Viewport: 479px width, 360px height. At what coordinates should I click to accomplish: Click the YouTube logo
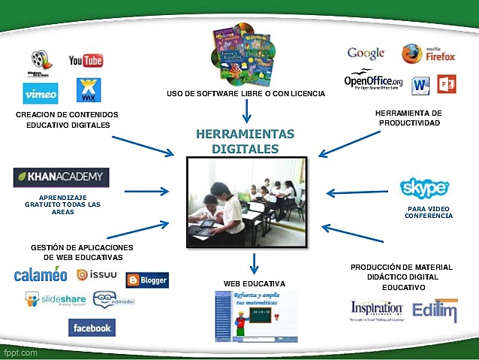(86, 60)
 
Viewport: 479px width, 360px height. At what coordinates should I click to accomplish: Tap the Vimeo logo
(41, 94)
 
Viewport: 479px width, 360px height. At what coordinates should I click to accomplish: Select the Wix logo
(89, 90)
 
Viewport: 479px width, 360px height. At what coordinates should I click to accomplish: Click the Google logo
(366, 53)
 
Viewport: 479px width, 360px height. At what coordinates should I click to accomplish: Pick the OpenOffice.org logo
(373, 81)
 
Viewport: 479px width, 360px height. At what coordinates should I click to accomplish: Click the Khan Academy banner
(61, 177)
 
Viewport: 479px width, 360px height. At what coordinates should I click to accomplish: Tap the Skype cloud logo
(424, 187)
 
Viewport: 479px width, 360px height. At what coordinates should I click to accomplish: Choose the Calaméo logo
(41, 275)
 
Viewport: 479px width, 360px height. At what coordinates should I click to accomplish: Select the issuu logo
(97, 274)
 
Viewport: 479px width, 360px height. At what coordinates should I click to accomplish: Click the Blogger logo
(147, 280)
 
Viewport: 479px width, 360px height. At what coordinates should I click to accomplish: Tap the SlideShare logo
(53, 300)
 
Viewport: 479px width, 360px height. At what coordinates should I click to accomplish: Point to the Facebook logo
(92, 328)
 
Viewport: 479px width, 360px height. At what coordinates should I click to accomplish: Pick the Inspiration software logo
(376, 310)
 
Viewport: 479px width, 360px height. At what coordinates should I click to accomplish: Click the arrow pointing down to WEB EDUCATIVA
(255, 263)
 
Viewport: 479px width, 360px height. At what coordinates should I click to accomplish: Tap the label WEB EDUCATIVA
(254, 283)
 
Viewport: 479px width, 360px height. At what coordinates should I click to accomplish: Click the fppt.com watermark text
(18, 352)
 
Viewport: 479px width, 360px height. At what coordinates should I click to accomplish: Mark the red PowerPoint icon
(447, 83)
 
